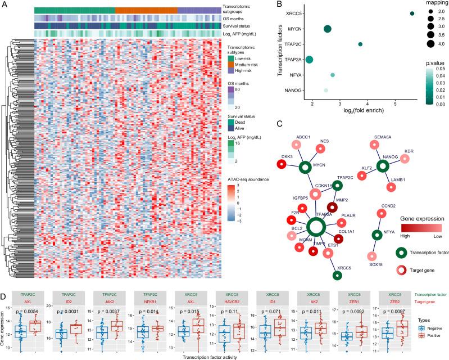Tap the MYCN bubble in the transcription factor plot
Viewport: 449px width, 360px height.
tap(327, 29)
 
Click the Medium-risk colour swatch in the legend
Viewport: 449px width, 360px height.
tap(230, 62)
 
